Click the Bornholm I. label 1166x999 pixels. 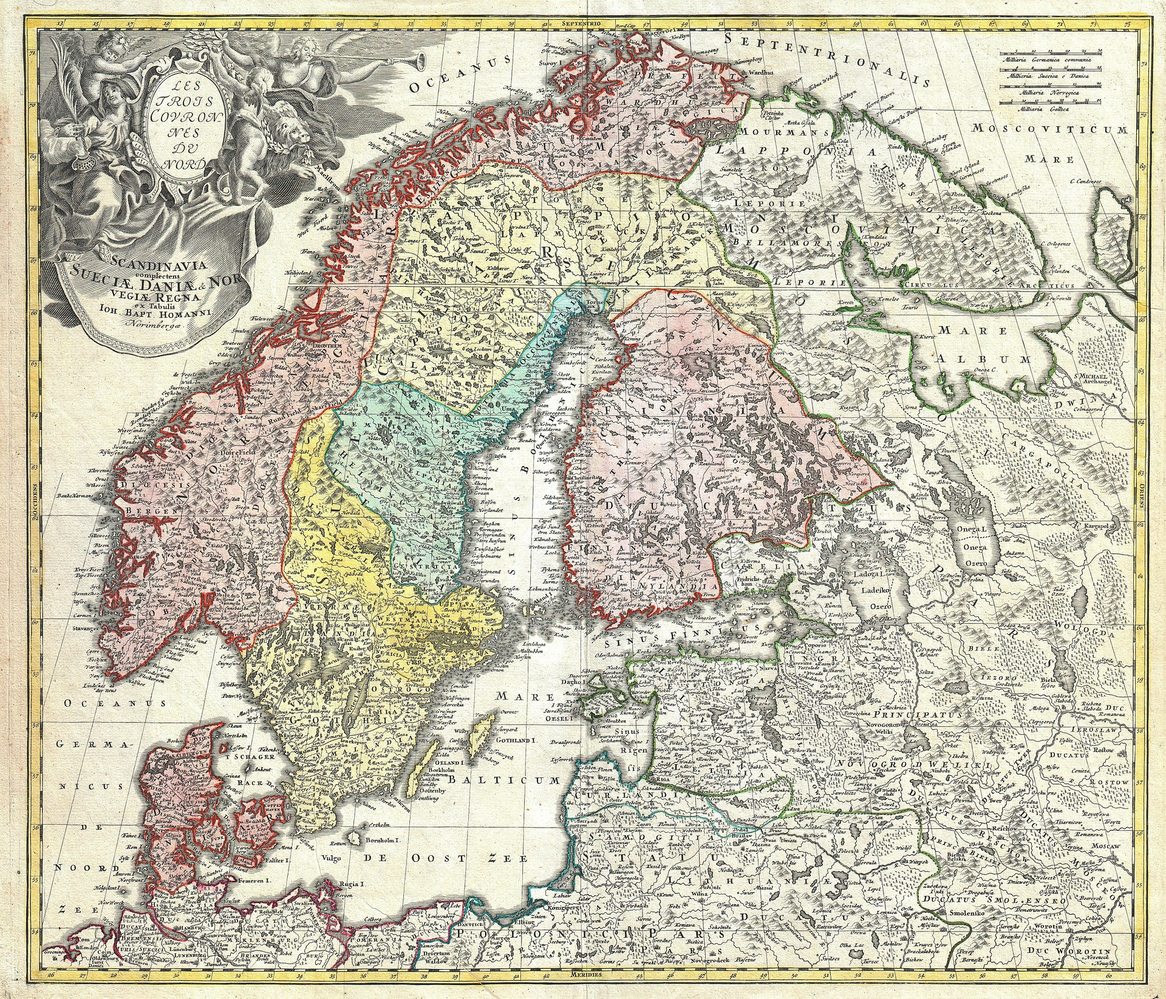[381, 840]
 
